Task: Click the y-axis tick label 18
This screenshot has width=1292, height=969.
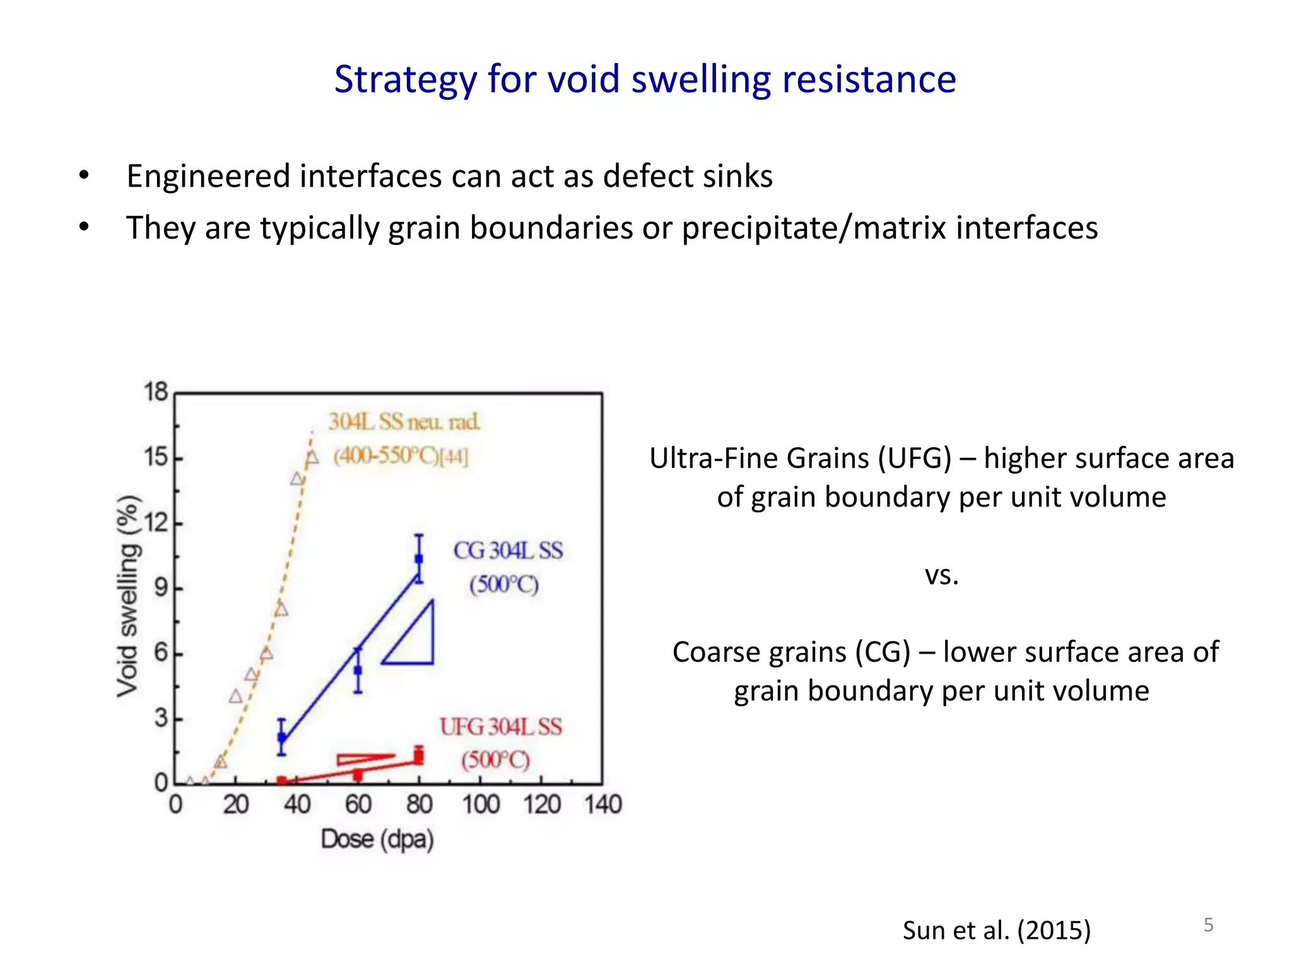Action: (x=156, y=392)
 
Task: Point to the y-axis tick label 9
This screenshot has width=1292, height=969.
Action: (x=161, y=588)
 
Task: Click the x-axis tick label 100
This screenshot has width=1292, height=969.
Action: (x=481, y=805)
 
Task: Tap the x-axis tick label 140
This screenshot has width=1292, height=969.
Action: (x=603, y=805)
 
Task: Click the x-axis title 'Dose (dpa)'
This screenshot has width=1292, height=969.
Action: (x=377, y=840)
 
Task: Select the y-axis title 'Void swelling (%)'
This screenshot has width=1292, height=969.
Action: (x=127, y=596)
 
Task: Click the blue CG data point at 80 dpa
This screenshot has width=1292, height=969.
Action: (x=419, y=559)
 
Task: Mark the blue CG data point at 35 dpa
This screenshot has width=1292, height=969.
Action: (x=282, y=737)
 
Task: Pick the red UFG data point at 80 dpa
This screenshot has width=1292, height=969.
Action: (x=418, y=756)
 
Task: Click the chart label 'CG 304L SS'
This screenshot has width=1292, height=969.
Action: (x=508, y=551)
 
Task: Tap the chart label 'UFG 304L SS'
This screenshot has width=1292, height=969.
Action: (x=501, y=727)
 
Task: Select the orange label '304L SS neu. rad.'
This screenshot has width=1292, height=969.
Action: (x=404, y=421)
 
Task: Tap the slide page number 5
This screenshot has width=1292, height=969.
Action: (x=1208, y=925)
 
